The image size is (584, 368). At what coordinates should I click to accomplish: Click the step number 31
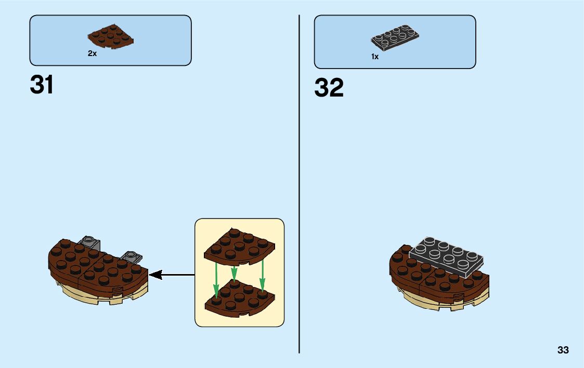click(42, 85)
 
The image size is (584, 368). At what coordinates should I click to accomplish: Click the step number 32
click(329, 88)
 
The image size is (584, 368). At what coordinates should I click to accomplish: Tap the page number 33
click(563, 350)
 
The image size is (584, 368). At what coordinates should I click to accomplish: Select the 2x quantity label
click(92, 53)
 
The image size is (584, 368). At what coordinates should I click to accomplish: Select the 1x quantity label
click(375, 57)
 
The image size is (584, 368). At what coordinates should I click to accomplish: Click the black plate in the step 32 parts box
click(395, 37)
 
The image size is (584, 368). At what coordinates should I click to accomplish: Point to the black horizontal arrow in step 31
click(172, 275)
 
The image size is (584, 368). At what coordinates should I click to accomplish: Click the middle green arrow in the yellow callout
click(234, 272)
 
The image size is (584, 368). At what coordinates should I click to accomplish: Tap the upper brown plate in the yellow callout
click(240, 246)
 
